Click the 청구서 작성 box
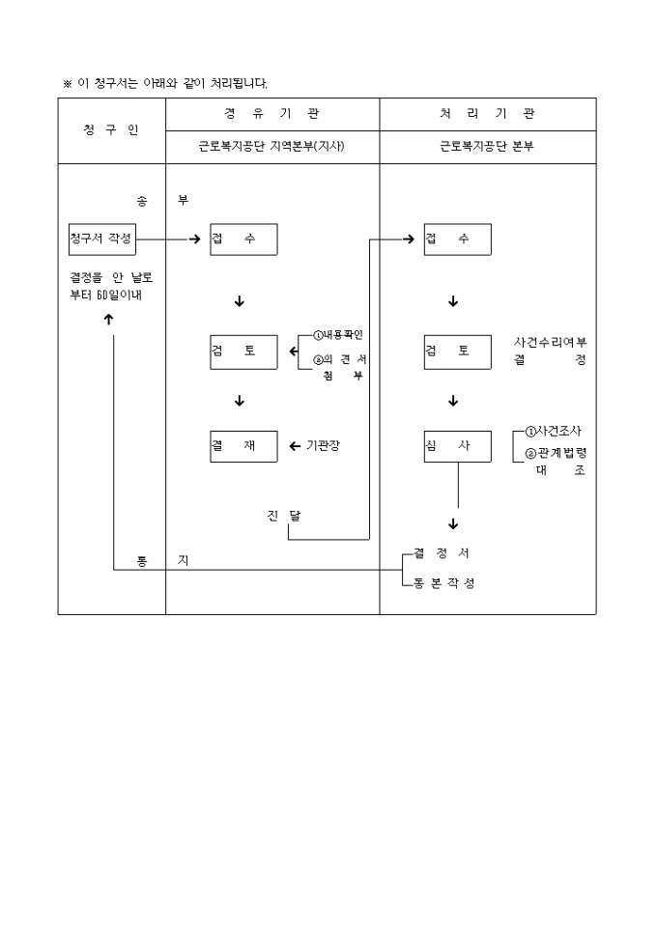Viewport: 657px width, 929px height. (x=100, y=239)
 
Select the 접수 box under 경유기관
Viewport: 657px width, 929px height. (x=243, y=239)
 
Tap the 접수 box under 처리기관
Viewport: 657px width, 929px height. (x=457, y=239)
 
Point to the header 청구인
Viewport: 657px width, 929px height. (x=111, y=130)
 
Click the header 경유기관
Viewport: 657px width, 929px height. (x=271, y=113)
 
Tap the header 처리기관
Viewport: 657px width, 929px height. (x=487, y=113)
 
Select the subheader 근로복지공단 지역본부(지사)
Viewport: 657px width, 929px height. (x=271, y=148)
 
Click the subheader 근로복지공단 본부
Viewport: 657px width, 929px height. (x=487, y=148)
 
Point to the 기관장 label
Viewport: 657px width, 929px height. (x=324, y=445)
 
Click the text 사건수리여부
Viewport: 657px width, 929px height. (x=550, y=342)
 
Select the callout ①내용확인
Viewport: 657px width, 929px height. (x=337, y=335)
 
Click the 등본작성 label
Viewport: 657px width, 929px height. (x=443, y=584)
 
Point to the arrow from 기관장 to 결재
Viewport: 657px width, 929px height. (x=295, y=446)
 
